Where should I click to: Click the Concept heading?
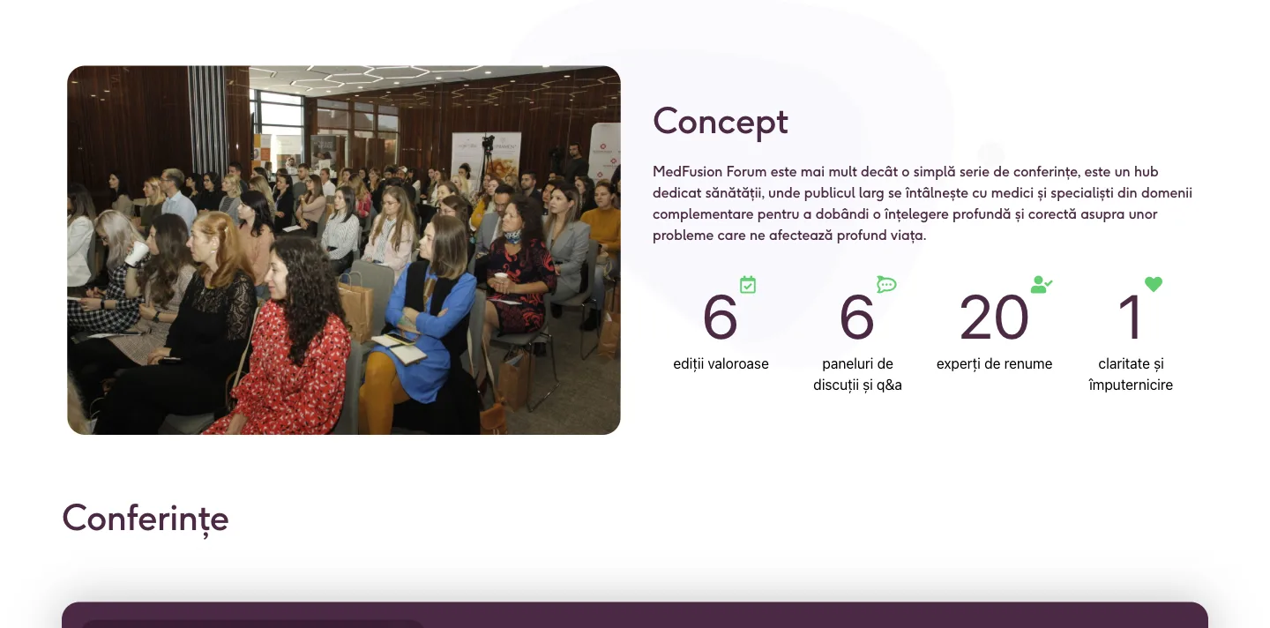tap(720, 122)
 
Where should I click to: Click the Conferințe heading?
tap(146, 518)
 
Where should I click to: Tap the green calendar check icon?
tap(748, 284)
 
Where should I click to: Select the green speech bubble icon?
tap(886, 283)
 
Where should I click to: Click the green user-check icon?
tap(1041, 284)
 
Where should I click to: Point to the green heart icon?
tap(1154, 284)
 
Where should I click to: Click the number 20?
tap(994, 318)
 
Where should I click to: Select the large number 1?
tap(1130, 318)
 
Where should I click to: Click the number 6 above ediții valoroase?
tap(720, 318)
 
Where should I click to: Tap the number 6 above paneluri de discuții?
tap(856, 318)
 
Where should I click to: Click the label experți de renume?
tap(994, 364)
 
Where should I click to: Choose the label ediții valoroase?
tap(721, 364)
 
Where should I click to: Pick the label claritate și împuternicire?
tap(1131, 374)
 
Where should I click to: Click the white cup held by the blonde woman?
tap(136, 253)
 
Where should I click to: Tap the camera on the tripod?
tap(488, 142)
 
